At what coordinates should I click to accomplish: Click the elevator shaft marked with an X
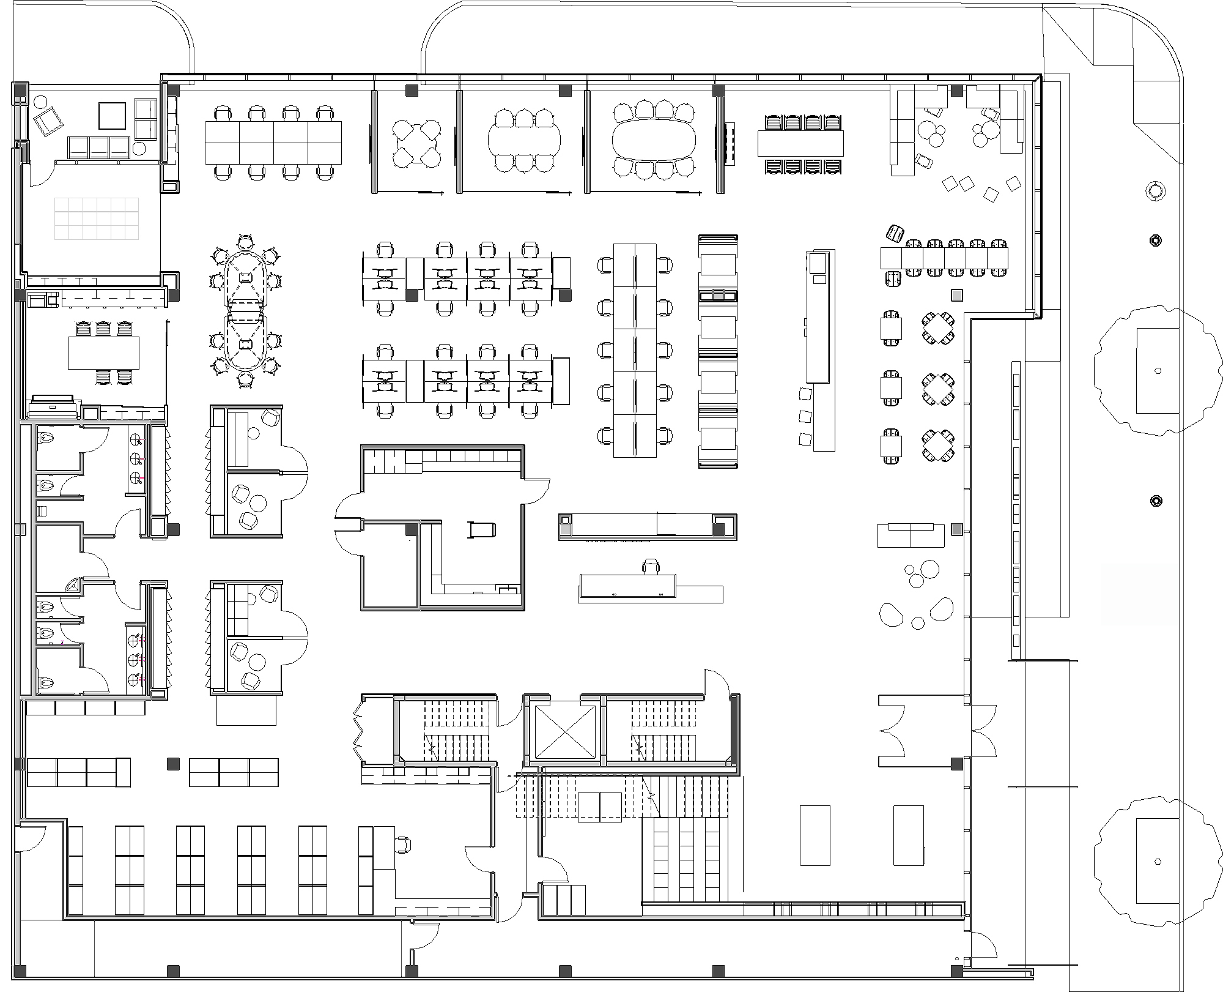[564, 731]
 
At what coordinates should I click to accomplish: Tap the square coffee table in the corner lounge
[112, 116]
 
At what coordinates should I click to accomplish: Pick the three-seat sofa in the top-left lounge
[99, 147]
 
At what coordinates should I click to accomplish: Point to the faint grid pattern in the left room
[97, 218]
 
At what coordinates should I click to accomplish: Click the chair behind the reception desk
[651, 566]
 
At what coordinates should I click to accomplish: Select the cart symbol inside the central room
[481, 529]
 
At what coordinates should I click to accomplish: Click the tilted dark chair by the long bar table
[895, 233]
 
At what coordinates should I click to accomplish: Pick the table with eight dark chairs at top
[800, 144]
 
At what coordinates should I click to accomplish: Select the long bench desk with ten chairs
[634, 350]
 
